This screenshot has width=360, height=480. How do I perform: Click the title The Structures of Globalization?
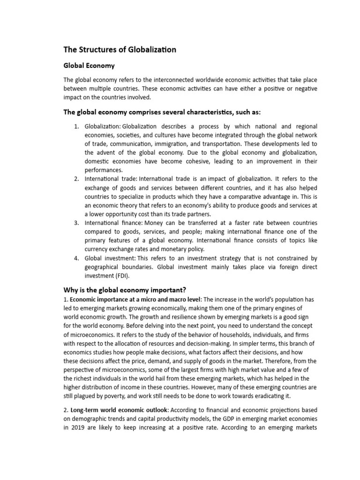(x=120, y=50)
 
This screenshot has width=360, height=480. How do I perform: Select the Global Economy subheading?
(x=89, y=66)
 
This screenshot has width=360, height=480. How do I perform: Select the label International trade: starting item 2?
(x=111, y=179)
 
